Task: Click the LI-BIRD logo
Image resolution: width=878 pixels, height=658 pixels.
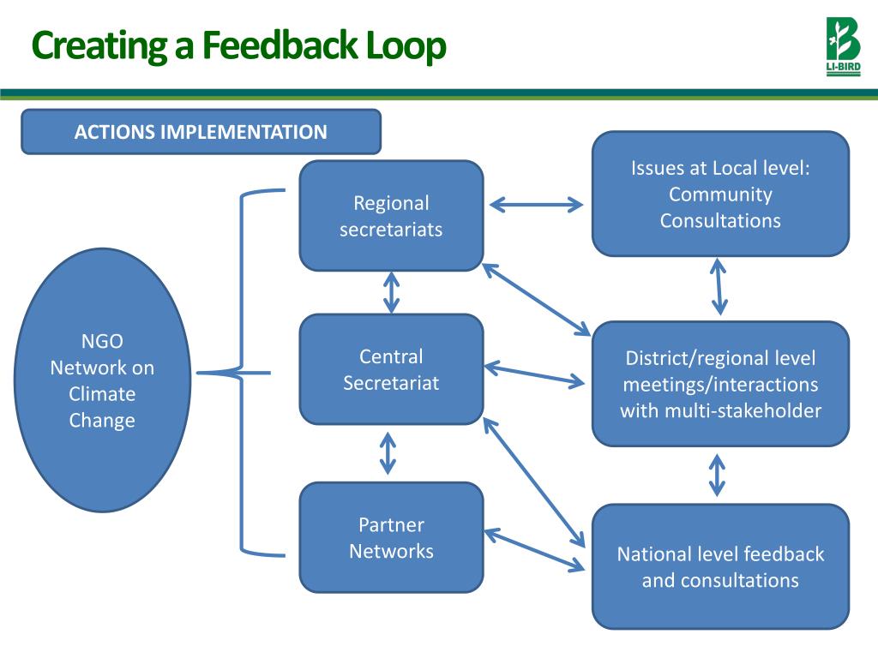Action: pyautogui.click(x=844, y=46)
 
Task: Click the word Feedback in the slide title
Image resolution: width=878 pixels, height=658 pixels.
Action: pyautogui.click(x=280, y=45)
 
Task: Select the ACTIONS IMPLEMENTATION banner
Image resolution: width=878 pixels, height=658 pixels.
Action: pyautogui.click(x=201, y=131)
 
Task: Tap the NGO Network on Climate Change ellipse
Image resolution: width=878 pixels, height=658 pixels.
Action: pyautogui.click(x=103, y=380)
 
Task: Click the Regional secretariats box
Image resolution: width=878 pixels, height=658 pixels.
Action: pyautogui.click(x=391, y=216)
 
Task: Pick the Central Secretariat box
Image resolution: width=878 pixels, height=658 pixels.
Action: pyautogui.click(x=391, y=369)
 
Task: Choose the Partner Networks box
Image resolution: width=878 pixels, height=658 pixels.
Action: pyautogui.click(x=391, y=538)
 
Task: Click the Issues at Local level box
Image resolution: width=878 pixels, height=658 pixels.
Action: pyautogui.click(x=720, y=194)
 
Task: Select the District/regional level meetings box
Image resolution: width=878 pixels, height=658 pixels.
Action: pyautogui.click(x=720, y=384)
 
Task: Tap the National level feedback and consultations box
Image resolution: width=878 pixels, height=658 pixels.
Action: pyautogui.click(x=720, y=567)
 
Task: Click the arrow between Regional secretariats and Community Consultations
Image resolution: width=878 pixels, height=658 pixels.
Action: pyautogui.click(x=537, y=205)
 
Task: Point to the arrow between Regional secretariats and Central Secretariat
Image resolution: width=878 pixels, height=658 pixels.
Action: pyautogui.click(x=391, y=293)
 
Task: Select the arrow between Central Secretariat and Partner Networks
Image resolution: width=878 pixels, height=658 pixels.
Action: pyautogui.click(x=388, y=453)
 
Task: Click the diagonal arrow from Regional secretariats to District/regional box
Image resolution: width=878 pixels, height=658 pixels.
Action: pyautogui.click(x=537, y=300)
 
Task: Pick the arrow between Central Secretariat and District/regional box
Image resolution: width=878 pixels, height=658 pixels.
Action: pyautogui.click(x=535, y=376)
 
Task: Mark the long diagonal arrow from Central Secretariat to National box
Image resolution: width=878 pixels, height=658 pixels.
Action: pyautogui.click(x=533, y=483)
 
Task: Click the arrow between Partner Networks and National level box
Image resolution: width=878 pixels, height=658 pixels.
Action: pyautogui.click(x=535, y=550)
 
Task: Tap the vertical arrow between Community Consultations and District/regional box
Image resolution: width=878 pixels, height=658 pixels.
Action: pyautogui.click(x=719, y=286)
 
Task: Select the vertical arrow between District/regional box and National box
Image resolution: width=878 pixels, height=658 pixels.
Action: pyautogui.click(x=718, y=476)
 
